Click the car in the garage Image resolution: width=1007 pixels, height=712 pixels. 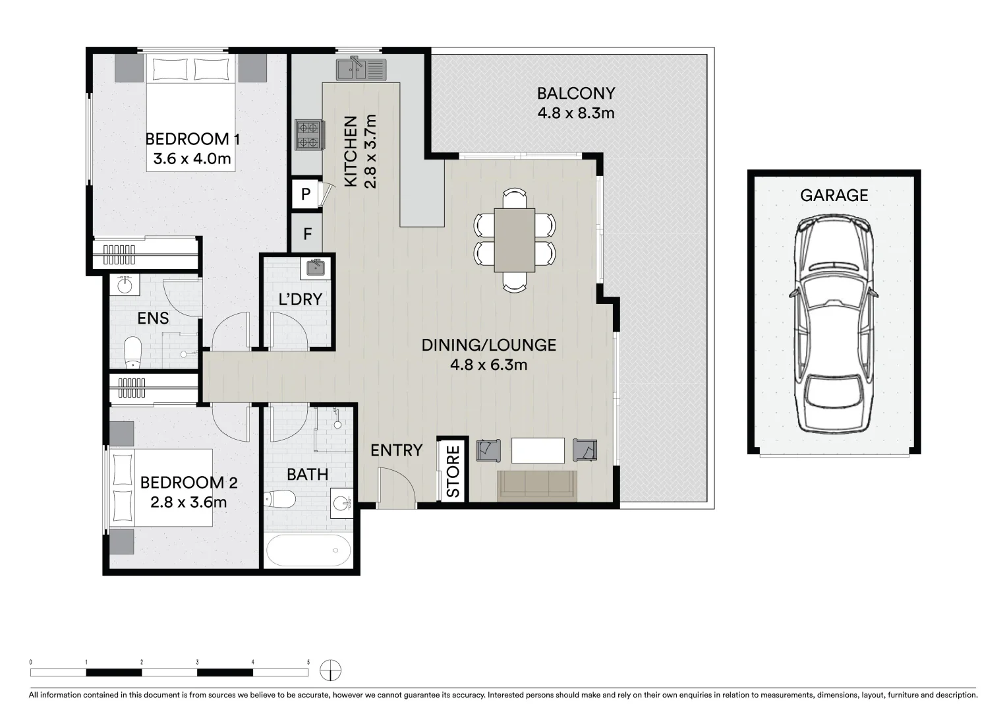[834, 325]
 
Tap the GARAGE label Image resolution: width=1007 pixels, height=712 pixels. [834, 195]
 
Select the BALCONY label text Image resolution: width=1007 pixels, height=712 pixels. [575, 94]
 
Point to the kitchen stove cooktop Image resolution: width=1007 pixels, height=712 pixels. [308, 135]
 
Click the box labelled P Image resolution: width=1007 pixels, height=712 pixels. [305, 194]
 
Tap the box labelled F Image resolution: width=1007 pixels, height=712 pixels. [306, 233]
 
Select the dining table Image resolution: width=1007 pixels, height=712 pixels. [515, 239]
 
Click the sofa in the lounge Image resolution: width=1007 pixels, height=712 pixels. [537, 485]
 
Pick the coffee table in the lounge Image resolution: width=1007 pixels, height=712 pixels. [538, 451]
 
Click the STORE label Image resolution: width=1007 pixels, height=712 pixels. [453, 472]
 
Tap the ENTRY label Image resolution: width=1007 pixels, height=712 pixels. [395, 450]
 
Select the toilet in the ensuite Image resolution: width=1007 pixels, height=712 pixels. [133, 352]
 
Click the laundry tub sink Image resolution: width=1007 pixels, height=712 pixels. [314, 266]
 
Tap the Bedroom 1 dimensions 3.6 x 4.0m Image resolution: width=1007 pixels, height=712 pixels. [192, 159]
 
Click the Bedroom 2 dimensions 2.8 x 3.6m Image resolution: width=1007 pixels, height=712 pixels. [188, 502]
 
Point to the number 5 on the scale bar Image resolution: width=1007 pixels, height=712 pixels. [308, 661]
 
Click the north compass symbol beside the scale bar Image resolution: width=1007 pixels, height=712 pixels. [330, 671]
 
